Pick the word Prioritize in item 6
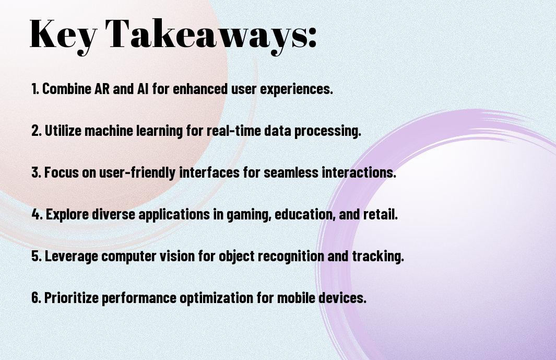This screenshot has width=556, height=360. point(72,297)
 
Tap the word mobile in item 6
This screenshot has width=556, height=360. point(296,297)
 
